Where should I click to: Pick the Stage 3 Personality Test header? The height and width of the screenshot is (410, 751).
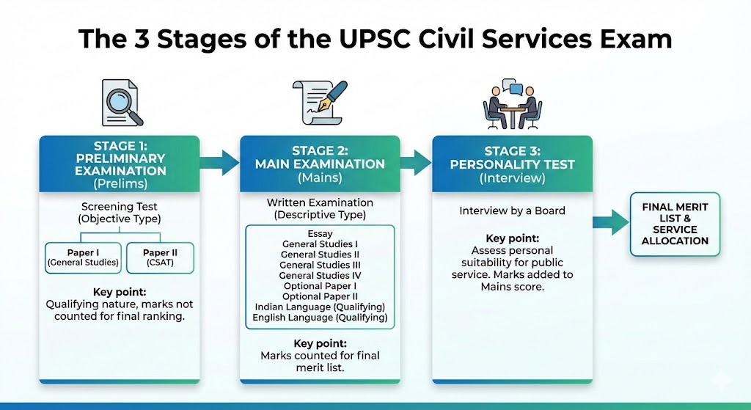[x=512, y=164]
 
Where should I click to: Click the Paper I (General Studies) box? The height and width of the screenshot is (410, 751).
[x=82, y=257]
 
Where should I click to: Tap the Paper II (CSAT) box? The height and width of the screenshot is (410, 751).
[x=160, y=257]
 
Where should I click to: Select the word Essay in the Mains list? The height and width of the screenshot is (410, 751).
[x=320, y=234]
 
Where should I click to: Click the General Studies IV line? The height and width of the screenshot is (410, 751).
[x=320, y=276]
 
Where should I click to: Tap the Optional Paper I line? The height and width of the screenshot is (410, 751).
[x=320, y=286]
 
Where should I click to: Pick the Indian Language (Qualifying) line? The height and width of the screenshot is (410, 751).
[x=320, y=307]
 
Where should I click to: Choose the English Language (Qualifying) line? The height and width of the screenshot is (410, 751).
[x=320, y=318]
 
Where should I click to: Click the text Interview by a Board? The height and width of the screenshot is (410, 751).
[x=512, y=211]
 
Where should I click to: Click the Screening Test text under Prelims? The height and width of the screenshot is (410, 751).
[x=120, y=208]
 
